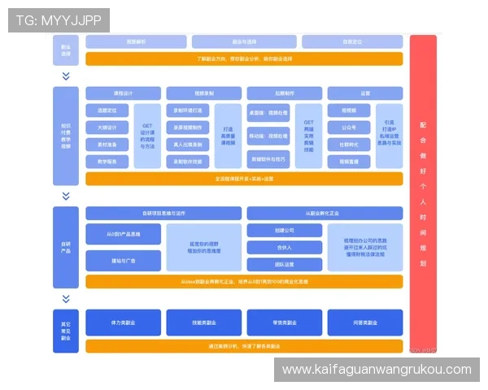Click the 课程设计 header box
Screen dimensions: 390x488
pos(123,93)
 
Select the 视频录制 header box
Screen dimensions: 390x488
pos(203,93)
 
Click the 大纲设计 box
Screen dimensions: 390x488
pos(107,127)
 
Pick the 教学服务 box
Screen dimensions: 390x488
pos(107,161)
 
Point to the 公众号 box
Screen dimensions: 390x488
pos(348,127)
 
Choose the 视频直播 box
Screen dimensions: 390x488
pos(348,161)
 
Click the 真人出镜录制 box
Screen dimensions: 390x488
pos(188,144)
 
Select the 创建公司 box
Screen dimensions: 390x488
pos(284,231)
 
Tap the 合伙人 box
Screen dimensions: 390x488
pos(284,248)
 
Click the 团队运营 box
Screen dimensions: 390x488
pos(284,265)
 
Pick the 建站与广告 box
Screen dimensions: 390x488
pos(123,260)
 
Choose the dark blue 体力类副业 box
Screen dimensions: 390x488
pos(123,323)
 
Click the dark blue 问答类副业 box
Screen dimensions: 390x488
pos(364,323)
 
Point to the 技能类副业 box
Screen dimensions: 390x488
pos(203,323)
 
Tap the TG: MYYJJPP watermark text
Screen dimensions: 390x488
pos(58,20)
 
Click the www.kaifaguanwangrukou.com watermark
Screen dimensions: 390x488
pos(377,370)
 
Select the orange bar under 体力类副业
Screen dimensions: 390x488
pos(244,346)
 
